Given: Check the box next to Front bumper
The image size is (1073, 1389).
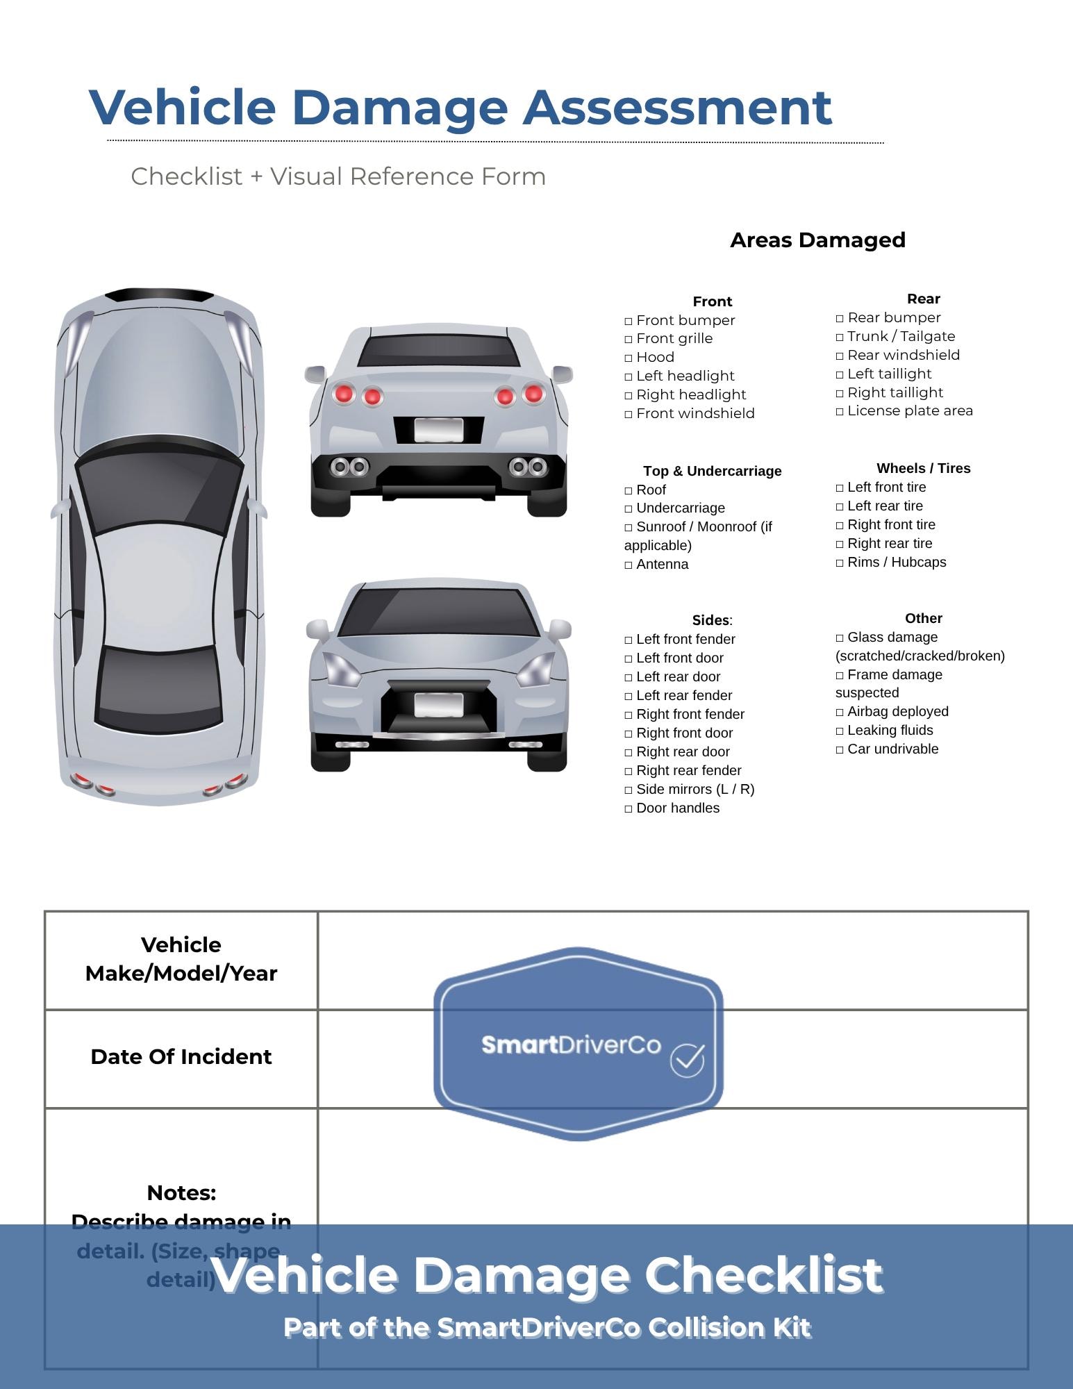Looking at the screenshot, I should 629,321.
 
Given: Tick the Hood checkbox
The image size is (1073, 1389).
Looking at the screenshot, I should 629,358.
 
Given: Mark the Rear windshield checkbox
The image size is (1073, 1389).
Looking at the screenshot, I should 840,356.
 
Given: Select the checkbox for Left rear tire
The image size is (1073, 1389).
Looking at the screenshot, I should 840,507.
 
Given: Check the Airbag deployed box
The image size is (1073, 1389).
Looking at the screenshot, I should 840,713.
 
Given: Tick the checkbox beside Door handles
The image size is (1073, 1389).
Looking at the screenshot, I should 629,809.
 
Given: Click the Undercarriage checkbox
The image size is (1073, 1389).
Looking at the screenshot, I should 629,509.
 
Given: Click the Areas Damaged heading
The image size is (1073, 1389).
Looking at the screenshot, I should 817,240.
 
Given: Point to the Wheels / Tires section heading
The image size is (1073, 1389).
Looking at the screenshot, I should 923,469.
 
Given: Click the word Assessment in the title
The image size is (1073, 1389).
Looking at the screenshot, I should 677,108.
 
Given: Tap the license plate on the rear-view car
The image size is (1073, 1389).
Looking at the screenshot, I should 438,430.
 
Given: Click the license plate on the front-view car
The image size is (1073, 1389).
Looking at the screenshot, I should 438,705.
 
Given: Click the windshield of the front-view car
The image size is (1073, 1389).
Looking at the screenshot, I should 438,611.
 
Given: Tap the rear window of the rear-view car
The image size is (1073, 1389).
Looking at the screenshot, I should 438,351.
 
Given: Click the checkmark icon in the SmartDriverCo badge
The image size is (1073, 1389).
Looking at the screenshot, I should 687,1061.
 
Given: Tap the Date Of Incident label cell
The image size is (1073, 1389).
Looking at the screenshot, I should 181,1057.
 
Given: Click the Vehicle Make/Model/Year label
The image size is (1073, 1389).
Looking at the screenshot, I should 181,959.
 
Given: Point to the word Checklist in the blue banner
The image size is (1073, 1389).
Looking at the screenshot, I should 763,1275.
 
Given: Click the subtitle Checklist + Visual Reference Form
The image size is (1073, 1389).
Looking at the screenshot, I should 338,177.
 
